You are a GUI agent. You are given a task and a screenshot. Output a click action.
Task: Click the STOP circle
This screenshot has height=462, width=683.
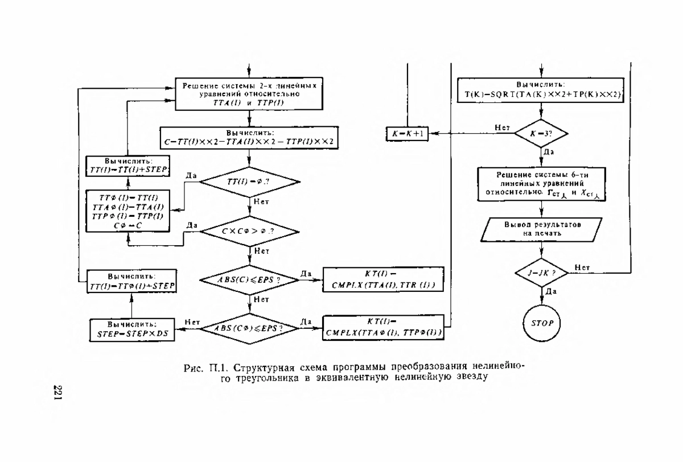click(541, 323)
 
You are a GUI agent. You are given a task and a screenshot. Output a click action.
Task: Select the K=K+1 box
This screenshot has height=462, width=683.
click(407, 133)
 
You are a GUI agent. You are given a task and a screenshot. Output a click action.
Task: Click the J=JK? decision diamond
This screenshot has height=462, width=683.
click(541, 273)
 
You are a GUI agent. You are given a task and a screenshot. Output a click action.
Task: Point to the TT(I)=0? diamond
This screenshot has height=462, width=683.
click(249, 182)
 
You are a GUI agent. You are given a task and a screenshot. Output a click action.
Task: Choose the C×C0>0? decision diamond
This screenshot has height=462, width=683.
click(249, 231)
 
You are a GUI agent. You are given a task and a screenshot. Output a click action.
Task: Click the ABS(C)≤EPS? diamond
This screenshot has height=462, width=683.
click(249, 279)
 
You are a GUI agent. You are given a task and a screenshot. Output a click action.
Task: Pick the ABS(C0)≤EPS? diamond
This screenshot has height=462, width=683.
click(249, 328)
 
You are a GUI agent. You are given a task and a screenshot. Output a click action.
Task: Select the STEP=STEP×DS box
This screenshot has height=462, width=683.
click(132, 328)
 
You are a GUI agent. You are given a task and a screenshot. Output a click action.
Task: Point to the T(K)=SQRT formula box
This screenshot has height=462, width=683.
click(541, 90)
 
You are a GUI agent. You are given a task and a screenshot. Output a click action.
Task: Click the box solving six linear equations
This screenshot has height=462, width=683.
click(541, 184)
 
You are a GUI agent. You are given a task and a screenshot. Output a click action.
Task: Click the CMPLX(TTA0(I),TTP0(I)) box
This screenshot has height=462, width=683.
click(384, 328)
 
